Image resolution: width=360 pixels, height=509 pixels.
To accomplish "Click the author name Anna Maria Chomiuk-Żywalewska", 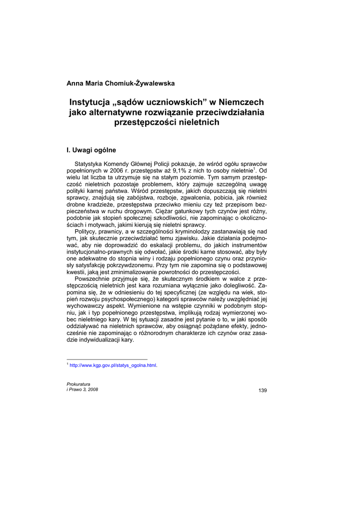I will tap(121, 83).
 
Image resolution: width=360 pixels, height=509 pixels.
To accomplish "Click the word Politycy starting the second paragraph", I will tap(87, 231).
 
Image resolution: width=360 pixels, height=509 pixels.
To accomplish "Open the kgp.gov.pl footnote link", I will tap(113, 365).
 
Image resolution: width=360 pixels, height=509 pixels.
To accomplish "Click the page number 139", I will tap(263, 390).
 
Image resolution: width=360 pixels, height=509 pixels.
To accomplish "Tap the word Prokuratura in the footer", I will tap(79, 384).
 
